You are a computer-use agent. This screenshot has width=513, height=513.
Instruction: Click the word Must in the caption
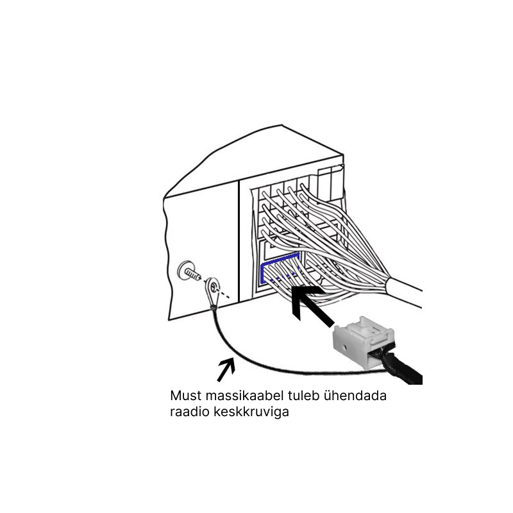pos(186,396)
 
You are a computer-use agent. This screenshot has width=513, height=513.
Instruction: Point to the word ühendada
pos(355,396)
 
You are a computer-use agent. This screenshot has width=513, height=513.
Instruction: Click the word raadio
pos(189,412)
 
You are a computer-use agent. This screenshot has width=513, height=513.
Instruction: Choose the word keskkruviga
pos(251,412)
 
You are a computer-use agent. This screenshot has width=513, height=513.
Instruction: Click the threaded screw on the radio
pos(189,272)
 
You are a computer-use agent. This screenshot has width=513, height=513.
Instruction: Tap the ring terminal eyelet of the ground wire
pos(212,291)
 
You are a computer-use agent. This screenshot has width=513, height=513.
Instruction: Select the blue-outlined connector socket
pos(280,268)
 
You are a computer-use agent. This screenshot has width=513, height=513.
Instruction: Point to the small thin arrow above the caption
pos(226,370)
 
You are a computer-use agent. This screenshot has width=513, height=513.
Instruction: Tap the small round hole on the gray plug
pos(343,346)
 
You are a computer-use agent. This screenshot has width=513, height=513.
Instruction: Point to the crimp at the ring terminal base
pos(213,307)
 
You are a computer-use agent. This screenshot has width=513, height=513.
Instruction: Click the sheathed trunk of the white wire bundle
pos(405,292)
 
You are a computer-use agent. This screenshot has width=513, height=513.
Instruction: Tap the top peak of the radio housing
pos(282,124)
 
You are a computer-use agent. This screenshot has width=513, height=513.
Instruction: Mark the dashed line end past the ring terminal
pos(229,298)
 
